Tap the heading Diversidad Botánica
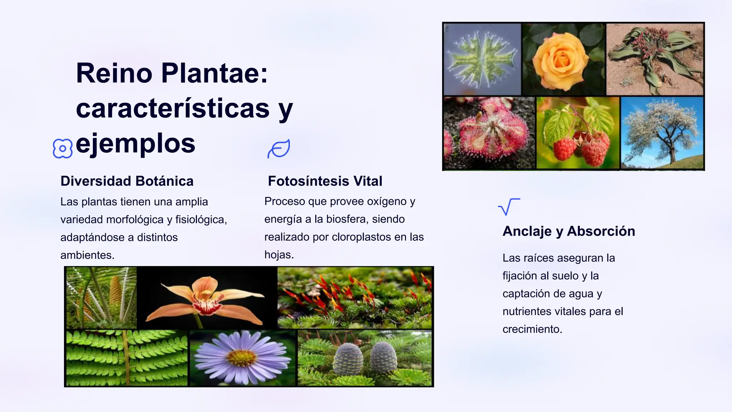pyautogui.click(x=127, y=181)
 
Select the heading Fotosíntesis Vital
pyautogui.click(x=325, y=181)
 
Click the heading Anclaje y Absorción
pyautogui.click(x=569, y=231)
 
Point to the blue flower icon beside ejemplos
pyautogui.click(x=63, y=148)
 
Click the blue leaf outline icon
pyautogui.click(x=279, y=149)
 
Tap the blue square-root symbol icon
pyautogui.click(x=509, y=207)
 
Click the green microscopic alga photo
pyautogui.click(x=482, y=59)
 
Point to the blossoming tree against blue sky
pyautogui.click(x=662, y=132)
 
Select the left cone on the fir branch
pyautogui.click(x=347, y=358)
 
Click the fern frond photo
pyautogui.click(x=127, y=358)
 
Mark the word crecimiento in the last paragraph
pyautogui.click(x=532, y=329)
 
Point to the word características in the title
pyautogui.click(x=173, y=108)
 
